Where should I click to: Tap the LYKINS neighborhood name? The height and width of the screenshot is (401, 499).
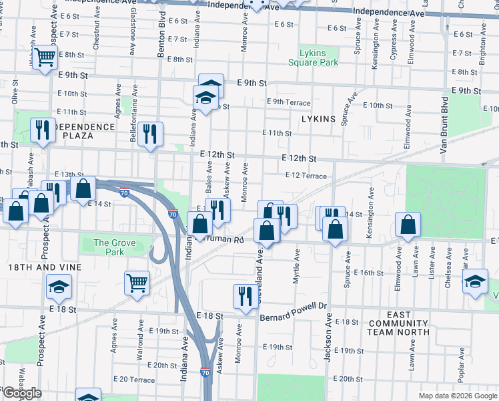click(318, 118)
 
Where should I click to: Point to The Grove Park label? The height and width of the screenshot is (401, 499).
click(109, 247)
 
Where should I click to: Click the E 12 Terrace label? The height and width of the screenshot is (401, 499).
click(305, 176)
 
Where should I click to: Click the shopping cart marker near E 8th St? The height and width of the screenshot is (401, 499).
click(45, 58)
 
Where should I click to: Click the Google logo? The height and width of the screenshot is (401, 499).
click(22, 394)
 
